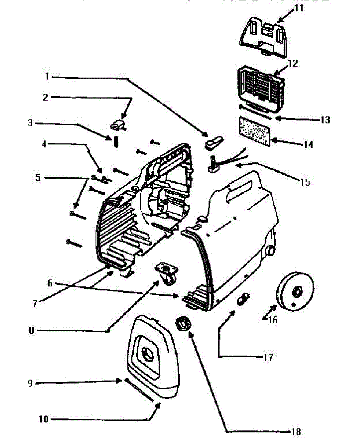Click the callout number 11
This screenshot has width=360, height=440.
click(299, 8)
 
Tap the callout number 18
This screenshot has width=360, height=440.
click(296, 432)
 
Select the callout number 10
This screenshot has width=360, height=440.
click(44, 419)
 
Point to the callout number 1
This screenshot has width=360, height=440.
click(47, 77)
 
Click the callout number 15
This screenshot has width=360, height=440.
click(305, 181)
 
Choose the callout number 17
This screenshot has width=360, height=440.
click(268, 357)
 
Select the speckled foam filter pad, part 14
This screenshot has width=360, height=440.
click(255, 131)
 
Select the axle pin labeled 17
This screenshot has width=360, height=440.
click(243, 300)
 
